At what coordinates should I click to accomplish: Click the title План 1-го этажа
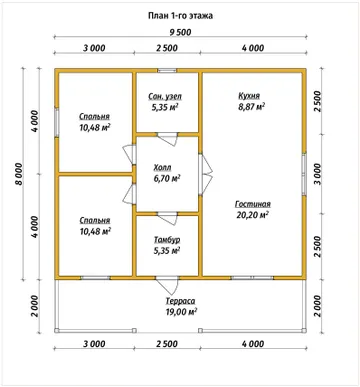pos(180,16)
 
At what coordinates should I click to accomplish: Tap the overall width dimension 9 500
pos(180,32)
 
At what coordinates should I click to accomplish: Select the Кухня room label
pos(249,96)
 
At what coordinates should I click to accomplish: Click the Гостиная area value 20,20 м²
pos(253,215)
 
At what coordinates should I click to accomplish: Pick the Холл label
pos(162,167)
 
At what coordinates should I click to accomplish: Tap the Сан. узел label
pos(165,97)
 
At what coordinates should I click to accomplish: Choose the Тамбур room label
pos(167,240)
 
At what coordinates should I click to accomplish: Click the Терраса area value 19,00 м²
pos(181,312)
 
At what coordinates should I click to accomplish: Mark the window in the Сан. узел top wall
pos(167,70)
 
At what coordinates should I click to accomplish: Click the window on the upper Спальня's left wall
pos(57,122)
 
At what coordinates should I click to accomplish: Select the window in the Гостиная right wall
pos(304,174)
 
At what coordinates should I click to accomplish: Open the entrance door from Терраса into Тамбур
pos(167,283)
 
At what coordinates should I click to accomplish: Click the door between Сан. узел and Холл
pos(167,138)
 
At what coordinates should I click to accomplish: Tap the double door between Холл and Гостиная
pos(205,174)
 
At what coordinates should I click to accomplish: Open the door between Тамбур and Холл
pos(167,217)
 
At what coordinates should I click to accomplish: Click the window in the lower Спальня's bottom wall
pos(95,278)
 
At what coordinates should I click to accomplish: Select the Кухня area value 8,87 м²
pos(252,107)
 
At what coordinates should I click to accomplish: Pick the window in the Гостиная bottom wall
pos(252,278)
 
